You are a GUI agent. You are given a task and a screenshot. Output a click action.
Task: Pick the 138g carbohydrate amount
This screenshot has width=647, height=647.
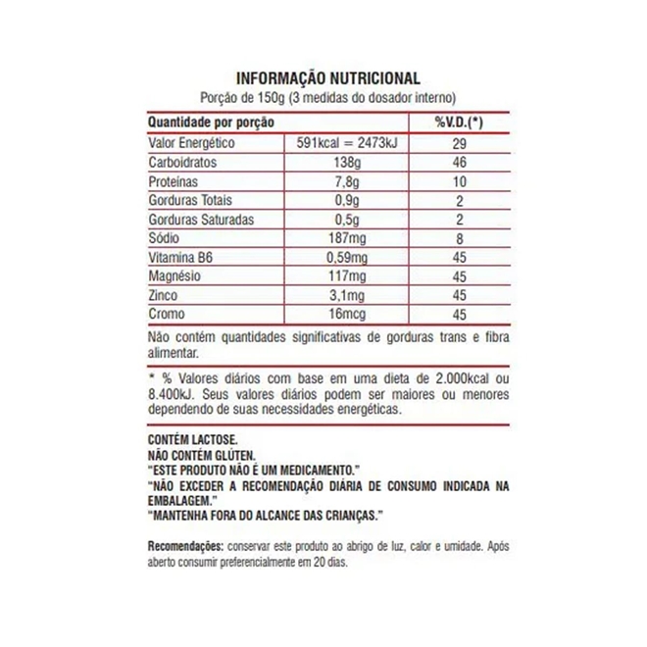pos(352,162)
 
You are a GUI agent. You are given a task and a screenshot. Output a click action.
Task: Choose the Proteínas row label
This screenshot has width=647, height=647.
pos(174,181)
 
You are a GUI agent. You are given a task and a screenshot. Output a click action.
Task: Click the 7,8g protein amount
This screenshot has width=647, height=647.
pos(352,181)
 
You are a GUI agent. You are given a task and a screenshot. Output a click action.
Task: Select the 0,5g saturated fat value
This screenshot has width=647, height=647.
pos(352,220)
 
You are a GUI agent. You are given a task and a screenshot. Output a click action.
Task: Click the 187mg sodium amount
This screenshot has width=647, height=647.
pos(352,238)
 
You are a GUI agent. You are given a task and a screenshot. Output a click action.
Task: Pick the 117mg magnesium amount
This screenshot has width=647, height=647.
pos(352,277)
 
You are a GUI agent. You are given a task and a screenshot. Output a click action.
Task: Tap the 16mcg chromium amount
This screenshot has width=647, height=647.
pos(352,316)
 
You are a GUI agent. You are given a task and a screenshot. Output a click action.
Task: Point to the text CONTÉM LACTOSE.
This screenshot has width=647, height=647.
pos(191,442)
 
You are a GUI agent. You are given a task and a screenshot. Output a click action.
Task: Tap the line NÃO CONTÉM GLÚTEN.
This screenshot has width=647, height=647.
pos(202,456)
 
